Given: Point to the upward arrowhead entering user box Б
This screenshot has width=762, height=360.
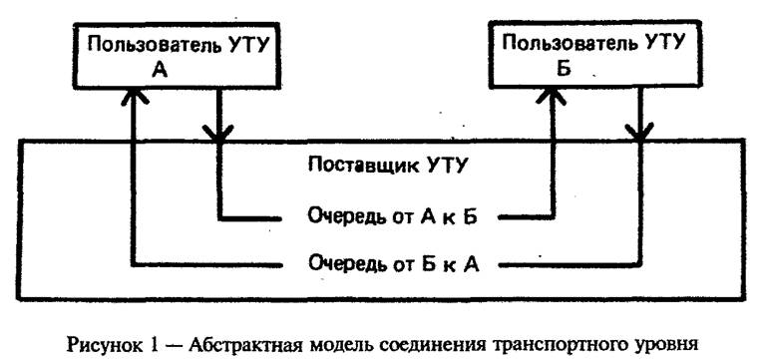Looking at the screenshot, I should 550,94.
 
